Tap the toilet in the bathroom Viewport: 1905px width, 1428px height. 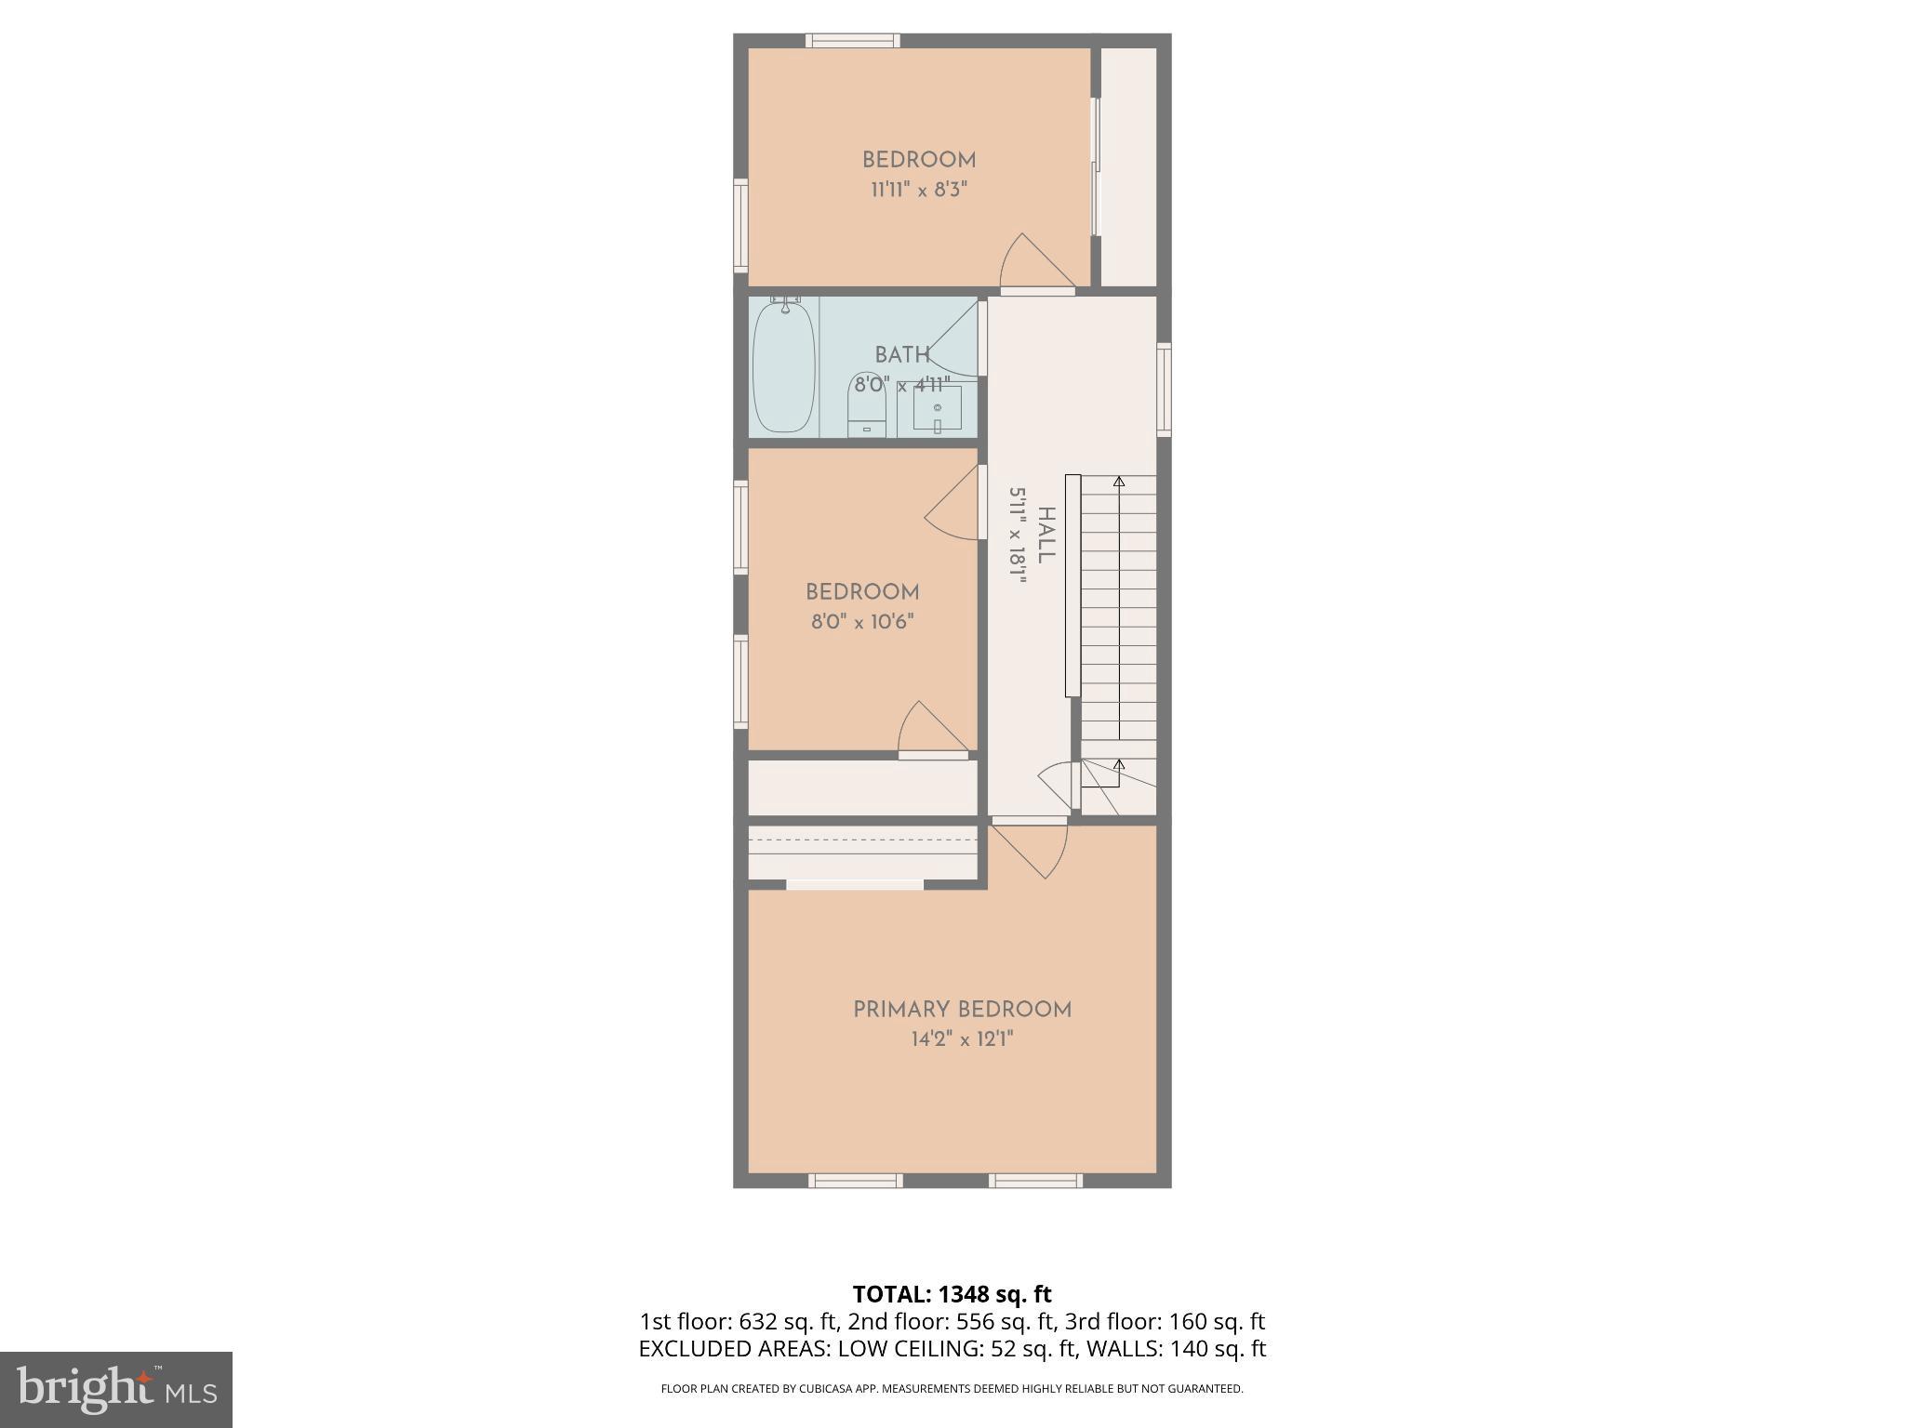point(867,406)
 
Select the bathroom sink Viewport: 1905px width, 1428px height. point(937,408)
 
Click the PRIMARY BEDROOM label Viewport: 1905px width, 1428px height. point(962,1010)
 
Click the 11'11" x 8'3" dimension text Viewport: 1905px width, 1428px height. point(919,191)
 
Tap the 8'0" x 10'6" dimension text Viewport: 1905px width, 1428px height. point(862,622)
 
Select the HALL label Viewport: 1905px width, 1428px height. point(1046,535)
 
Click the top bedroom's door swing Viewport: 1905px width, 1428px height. point(1034,263)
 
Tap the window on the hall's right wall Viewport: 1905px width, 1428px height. point(1164,389)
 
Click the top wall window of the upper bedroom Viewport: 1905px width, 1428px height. point(852,40)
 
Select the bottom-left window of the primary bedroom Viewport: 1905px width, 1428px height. point(855,1181)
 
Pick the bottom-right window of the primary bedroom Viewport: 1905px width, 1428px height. point(1034,1181)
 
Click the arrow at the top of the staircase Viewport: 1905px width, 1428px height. point(1119,482)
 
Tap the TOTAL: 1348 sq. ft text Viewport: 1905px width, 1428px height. point(952,1294)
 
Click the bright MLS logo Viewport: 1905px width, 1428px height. point(116,1389)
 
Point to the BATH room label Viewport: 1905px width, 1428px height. point(901,355)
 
